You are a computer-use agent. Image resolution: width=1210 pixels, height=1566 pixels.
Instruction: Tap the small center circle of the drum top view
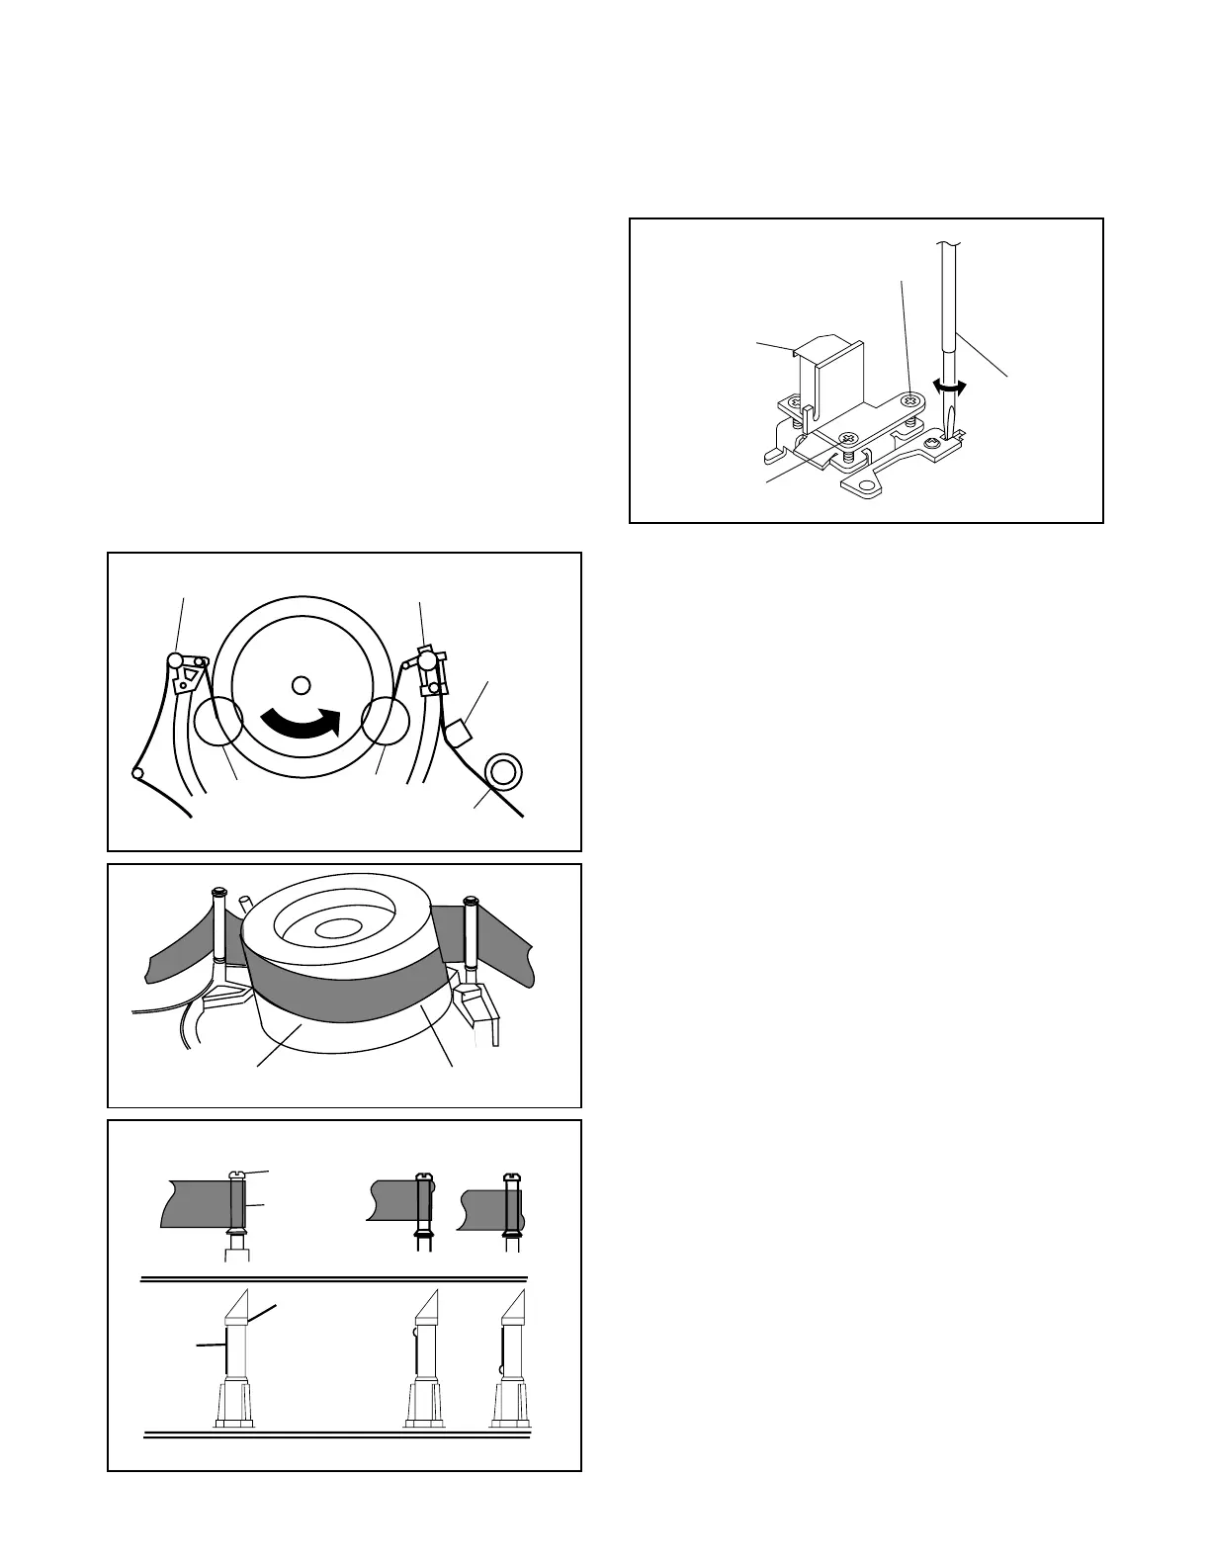[x=302, y=684]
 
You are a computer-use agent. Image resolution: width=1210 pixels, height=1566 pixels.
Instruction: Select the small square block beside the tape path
[x=458, y=734]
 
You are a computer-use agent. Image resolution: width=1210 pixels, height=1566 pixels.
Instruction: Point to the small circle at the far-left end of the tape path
[x=137, y=772]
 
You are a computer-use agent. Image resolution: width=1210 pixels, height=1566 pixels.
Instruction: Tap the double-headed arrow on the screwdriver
[x=950, y=389]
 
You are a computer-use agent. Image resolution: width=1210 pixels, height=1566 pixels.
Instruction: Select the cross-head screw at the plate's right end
[x=911, y=399]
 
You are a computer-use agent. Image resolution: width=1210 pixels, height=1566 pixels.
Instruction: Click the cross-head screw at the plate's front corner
[x=846, y=438]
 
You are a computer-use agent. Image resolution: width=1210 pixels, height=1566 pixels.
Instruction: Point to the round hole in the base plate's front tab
[x=867, y=486]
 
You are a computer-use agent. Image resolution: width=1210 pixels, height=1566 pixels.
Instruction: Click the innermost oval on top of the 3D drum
[x=340, y=927]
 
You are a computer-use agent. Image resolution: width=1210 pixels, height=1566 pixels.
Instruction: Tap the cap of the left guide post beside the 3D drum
[x=219, y=894]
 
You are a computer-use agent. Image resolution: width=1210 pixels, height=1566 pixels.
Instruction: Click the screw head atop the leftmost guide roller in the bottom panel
[x=237, y=1174]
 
